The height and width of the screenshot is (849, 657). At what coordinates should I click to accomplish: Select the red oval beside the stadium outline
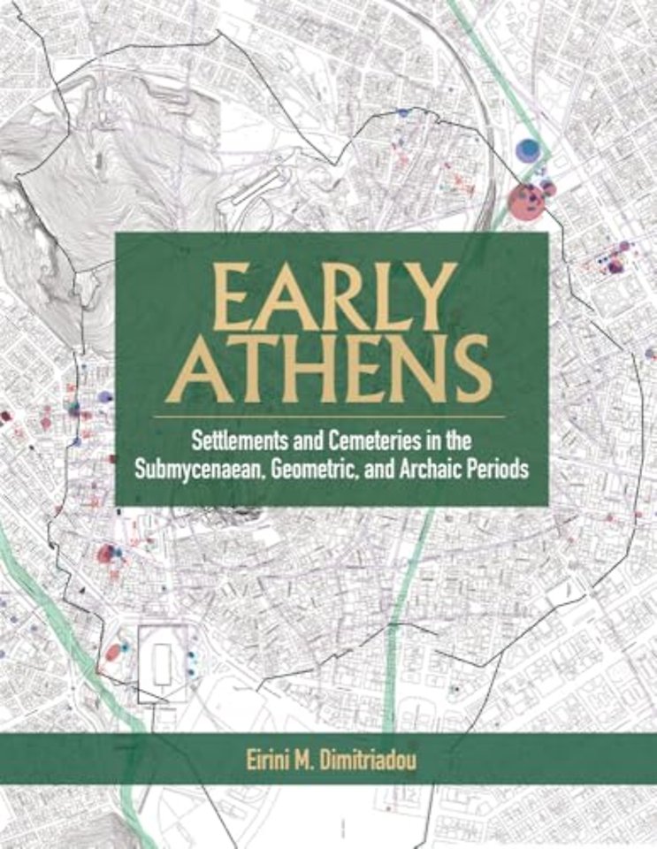click(x=113, y=654)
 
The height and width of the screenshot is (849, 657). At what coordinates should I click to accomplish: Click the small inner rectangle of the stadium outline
click(x=162, y=659)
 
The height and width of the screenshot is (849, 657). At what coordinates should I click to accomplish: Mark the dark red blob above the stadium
click(x=106, y=554)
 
